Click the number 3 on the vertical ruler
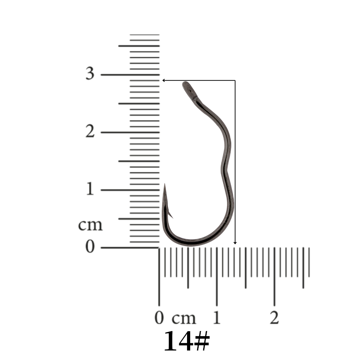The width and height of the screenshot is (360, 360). pos(90,73)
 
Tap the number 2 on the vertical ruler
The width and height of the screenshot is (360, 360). pos(90,131)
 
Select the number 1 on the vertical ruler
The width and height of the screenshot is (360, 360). pos(90,189)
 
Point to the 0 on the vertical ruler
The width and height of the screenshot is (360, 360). pos(90,246)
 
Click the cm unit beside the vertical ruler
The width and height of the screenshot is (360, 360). pos(90,225)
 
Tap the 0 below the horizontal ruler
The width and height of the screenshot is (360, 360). pos(159,318)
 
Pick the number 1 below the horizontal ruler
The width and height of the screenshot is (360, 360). pos(217,318)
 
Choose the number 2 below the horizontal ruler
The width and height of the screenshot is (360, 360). pos(274,318)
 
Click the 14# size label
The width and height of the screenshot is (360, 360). pos(187,341)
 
